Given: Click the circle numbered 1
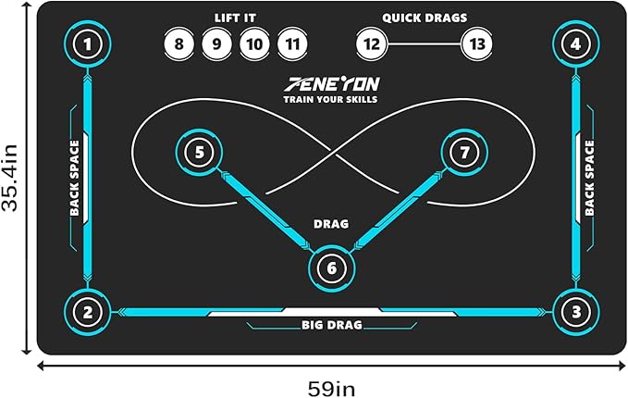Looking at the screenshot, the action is (x=88, y=44).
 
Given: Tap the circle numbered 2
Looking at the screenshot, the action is (x=88, y=312).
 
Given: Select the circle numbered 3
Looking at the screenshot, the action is (x=576, y=312).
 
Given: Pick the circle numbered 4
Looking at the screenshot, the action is (x=576, y=44).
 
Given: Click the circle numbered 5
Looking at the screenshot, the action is (x=200, y=153).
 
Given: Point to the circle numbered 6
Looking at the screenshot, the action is (x=332, y=268).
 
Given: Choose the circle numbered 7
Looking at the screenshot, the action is (x=464, y=153).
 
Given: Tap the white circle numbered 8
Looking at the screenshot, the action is (x=179, y=44).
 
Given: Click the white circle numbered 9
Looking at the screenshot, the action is (x=216, y=44).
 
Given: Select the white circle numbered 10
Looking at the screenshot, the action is (x=254, y=44).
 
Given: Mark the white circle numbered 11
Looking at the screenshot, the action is (x=292, y=44).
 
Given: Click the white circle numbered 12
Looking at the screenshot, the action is (x=371, y=44).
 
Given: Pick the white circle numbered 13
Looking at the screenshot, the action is (x=476, y=44).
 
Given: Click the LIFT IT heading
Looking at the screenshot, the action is (x=235, y=18).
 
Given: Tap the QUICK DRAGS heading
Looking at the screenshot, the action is (x=425, y=18).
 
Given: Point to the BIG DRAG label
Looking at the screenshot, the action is (x=332, y=325).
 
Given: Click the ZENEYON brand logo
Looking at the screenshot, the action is (x=332, y=84).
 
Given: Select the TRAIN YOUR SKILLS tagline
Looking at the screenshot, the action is (x=330, y=99).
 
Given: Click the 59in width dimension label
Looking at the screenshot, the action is (x=331, y=389).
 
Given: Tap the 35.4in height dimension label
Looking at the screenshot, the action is (x=9, y=178).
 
